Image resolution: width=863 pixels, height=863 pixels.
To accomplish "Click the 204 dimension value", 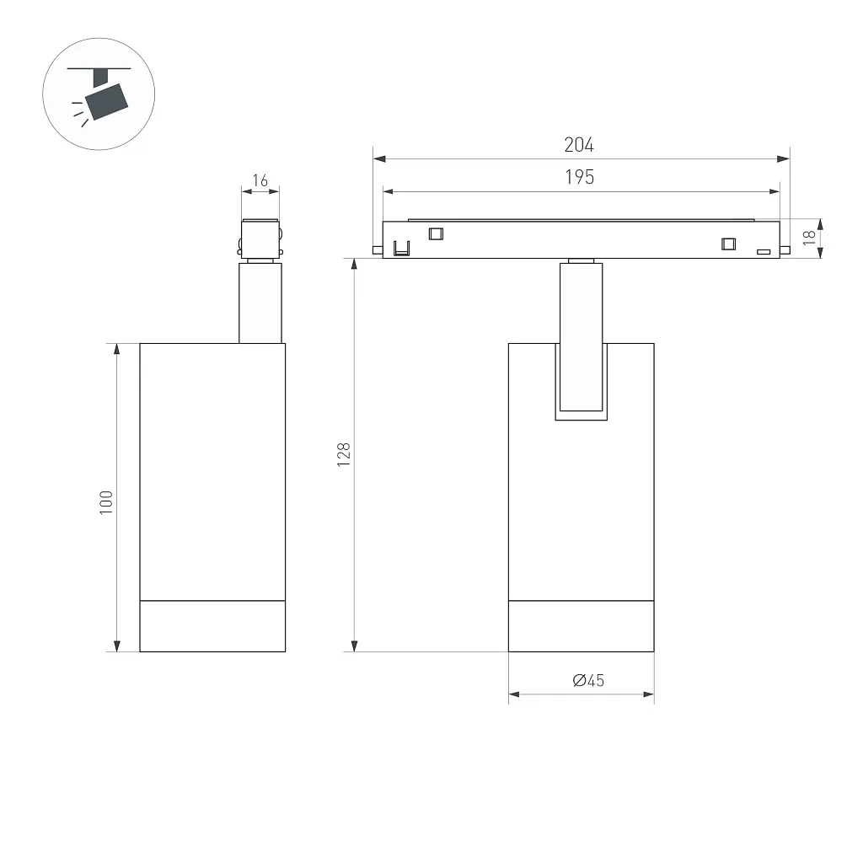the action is point(579,145).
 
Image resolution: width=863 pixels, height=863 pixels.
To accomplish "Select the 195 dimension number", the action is point(580,177).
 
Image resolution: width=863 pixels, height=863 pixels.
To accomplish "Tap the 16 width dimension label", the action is point(260,180).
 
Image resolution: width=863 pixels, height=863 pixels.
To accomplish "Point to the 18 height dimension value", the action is point(808,237).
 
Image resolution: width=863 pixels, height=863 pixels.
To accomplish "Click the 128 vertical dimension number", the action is point(344,454).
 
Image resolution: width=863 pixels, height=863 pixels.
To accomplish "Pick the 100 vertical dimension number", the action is point(105,502).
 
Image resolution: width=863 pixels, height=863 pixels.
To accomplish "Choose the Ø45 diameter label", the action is point(588,681).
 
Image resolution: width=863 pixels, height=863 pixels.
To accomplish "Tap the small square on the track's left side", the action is point(436,234).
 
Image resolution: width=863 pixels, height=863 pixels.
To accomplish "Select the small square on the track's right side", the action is point(729,244).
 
